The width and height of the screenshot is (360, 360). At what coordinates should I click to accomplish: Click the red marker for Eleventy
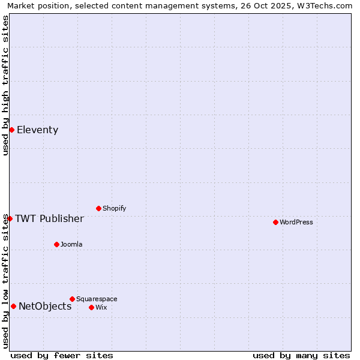point(11,130)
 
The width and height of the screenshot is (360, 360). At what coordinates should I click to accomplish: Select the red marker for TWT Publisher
point(10,218)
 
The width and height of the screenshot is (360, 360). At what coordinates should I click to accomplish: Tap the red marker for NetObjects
point(13,306)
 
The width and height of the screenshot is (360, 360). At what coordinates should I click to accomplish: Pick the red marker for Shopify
point(98,208)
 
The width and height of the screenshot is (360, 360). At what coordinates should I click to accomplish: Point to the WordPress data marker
point(275,222)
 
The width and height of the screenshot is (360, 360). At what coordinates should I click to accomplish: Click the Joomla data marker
point(56,244)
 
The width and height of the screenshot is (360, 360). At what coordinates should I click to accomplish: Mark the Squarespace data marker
point(72,299)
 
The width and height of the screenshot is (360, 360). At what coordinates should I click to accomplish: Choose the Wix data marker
point(91,307)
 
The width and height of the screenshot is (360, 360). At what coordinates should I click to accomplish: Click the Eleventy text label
point(37,130)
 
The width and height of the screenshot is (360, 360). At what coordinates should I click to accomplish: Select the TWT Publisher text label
point(49,218)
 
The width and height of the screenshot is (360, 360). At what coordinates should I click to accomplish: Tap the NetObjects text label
point(45,306)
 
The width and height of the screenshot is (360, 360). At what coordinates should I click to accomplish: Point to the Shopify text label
point(114,208)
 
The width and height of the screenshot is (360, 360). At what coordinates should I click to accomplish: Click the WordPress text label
point(296,222)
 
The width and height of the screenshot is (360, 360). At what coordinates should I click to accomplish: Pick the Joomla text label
point(71,244)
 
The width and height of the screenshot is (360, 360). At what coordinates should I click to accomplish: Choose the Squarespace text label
point(97,299)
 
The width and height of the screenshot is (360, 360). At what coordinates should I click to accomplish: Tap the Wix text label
point(101,307)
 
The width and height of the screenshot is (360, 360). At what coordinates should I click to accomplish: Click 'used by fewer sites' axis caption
point(62,355)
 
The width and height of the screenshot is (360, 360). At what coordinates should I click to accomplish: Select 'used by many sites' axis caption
point(301,355)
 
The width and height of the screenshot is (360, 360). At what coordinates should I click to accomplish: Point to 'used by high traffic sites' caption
point(5,85)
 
